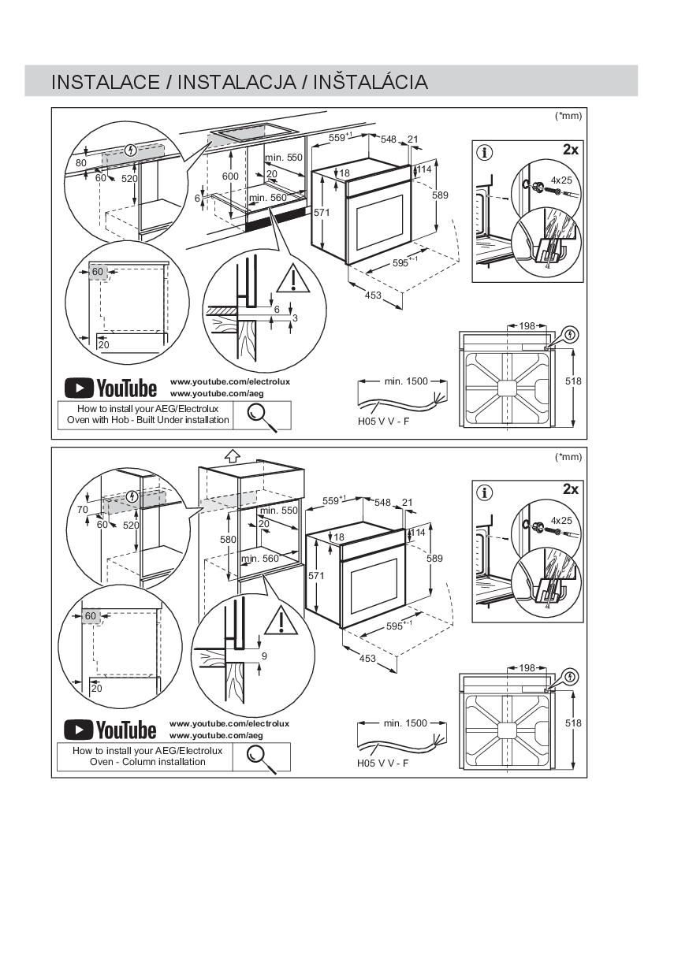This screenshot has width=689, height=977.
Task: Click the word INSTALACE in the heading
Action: coord(106,83)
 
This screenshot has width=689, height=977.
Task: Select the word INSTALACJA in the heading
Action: coord(236,83)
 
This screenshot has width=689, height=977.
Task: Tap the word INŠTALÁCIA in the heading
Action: coord(371,82)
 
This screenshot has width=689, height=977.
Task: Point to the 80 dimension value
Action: coord(81,163)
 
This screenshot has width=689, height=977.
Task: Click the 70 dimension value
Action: coord(82,510)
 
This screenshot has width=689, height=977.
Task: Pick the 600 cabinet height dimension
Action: coord(230,176)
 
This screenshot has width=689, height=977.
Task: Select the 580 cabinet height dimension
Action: coord(228,540)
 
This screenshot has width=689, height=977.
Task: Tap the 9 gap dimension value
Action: coord(264,656)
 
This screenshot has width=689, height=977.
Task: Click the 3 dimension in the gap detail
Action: coord(295,318)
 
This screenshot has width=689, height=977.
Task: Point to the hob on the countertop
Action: coord(254,132)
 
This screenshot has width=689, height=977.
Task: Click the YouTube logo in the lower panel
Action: coord(110,730)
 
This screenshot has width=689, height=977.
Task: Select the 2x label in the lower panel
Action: coord(571,489)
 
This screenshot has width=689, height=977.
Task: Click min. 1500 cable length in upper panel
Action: coord(406,381)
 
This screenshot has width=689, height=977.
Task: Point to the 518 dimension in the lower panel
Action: coord(573,723)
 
